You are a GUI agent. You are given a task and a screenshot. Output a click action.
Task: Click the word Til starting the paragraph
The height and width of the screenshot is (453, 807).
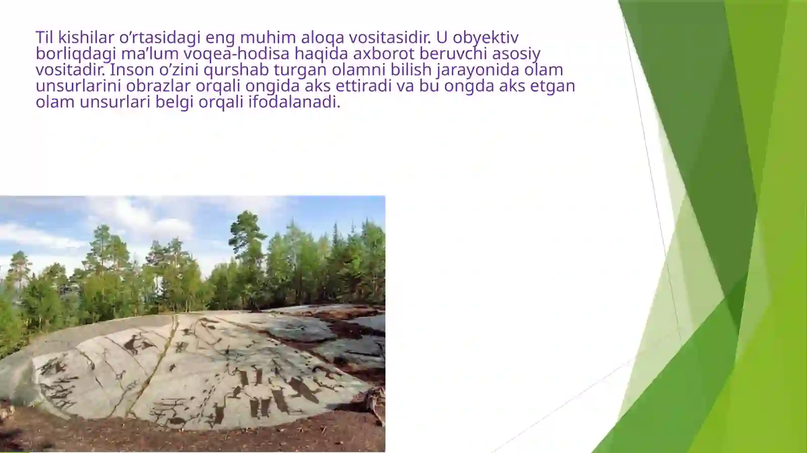point(44,37)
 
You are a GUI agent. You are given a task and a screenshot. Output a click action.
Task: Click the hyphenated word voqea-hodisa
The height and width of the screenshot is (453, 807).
point(237,53)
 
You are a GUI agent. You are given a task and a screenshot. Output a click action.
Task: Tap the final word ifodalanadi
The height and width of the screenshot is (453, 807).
point(294,102)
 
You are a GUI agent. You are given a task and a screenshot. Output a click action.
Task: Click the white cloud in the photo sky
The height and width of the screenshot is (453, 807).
point(136,217)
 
